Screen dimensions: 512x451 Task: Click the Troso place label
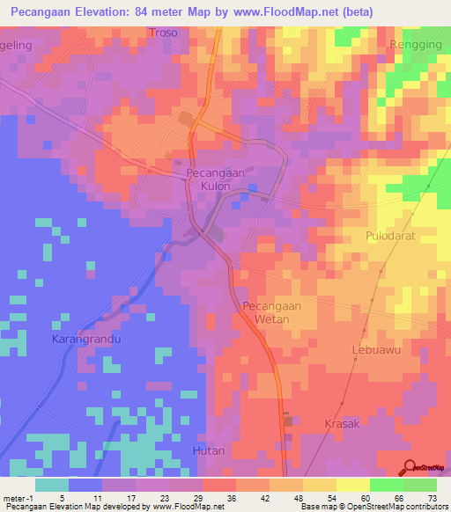[x=163, y=33]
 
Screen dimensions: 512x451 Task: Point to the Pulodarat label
[x=391, y=236]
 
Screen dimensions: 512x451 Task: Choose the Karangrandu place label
[x=85, y=338]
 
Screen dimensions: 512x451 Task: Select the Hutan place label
[x=209, y=450]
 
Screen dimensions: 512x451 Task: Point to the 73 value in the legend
[x=433, y=497]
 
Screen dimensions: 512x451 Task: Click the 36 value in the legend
[x=232, y=497]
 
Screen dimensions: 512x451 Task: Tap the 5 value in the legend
[x=63, y=497]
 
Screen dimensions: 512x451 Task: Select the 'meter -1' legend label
[x=18, y=497]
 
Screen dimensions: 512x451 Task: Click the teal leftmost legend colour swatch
[x=52, y=485]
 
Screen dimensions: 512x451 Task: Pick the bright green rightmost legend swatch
[x=420, y=485]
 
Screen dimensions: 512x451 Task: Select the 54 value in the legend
[x=332, y=497]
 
